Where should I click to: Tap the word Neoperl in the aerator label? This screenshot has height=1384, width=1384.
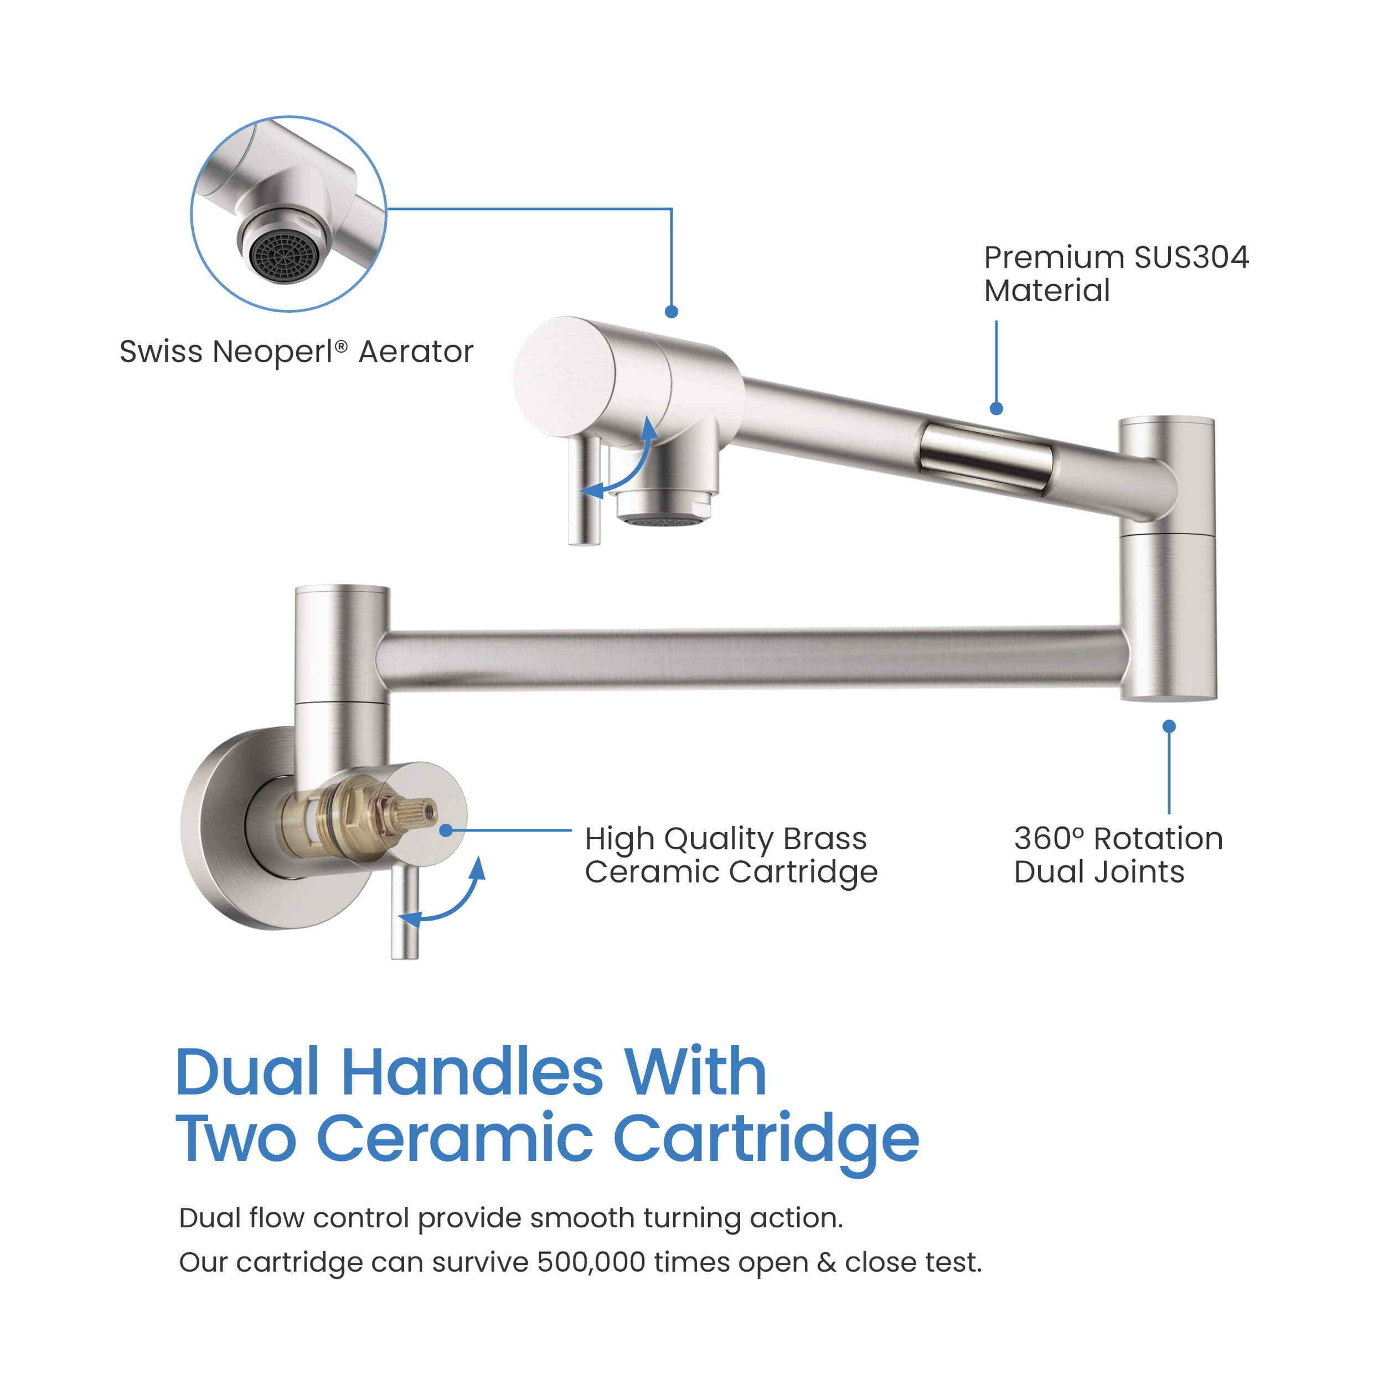point(273,352)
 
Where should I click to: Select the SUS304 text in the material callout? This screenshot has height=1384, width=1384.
point(1191,257)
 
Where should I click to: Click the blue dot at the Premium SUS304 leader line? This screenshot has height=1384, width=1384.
point(996,409)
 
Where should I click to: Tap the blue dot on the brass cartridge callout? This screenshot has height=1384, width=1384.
point(446,830)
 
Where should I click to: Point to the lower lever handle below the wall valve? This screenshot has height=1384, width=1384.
point(405,913)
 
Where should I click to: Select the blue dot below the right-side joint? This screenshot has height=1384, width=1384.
point(1169,726)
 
